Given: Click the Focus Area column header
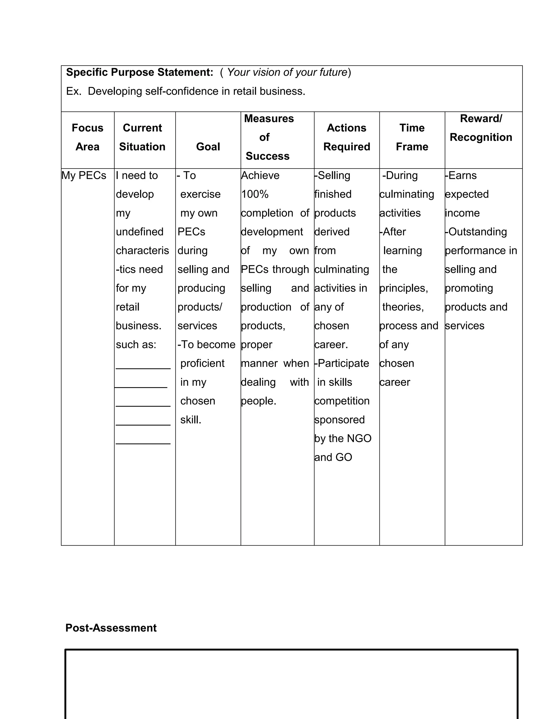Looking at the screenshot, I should tap(88, 137).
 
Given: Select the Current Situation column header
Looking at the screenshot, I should tap(142, 137).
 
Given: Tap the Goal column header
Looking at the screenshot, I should tap(208, 147).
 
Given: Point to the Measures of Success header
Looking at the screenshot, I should tap(269, 137).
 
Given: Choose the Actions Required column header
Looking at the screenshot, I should tap(347, 137).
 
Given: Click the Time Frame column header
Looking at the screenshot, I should tap(412, 137).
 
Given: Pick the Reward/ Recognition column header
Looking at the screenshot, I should tap(481, 128).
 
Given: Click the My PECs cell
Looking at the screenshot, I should tap(84, 176).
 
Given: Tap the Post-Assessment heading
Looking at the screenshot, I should tap(111, 628).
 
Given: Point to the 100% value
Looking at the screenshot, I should tap(255, 194).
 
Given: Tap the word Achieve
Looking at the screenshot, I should tap(260, 176).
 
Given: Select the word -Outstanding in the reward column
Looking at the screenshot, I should tap(476, 232).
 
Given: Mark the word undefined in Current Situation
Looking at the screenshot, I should tap(140, 232).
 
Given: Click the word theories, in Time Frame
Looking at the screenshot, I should tap(403, 307).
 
